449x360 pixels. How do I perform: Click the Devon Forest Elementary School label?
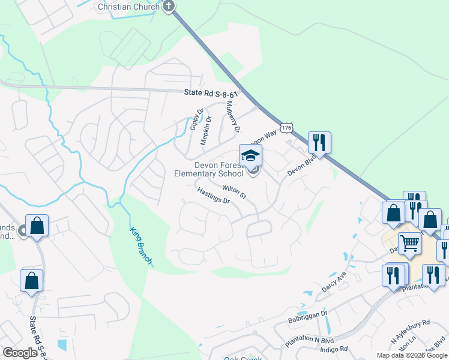pyautogui.click(x=209, y=169)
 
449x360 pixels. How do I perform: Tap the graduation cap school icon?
pyautogui.click(x=251, y=156)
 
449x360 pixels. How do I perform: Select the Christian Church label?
pyautogui.click(x=128, y=7)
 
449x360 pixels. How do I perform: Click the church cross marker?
pyautogui.click(x=169, y=7)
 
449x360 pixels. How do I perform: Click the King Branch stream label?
pyautogui.click(x=141, y=245)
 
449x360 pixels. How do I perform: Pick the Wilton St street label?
pyautogui.click(x=234, y=192)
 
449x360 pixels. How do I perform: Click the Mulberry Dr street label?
pyautogui.click(x=232, y=116)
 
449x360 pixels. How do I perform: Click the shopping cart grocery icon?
pyautogui.click(x=410, y=243)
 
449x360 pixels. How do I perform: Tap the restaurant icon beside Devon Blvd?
pyautogui.click(x=319, y=142)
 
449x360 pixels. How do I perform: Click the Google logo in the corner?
pyautogui.click(x=20, y=353)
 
